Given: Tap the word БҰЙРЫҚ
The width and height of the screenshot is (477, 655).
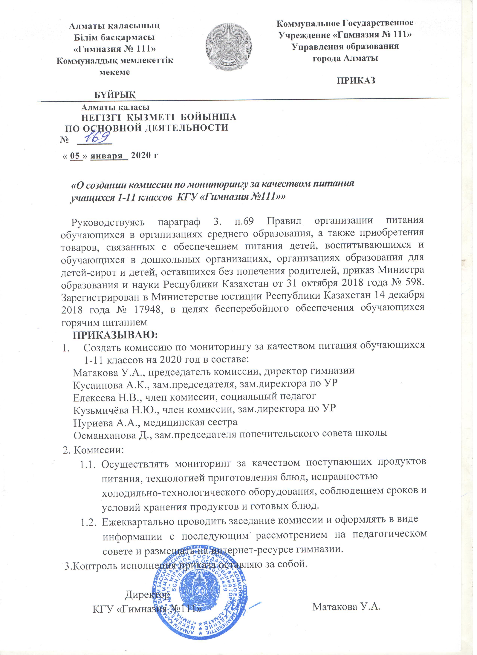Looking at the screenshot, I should tap(115, 94).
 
